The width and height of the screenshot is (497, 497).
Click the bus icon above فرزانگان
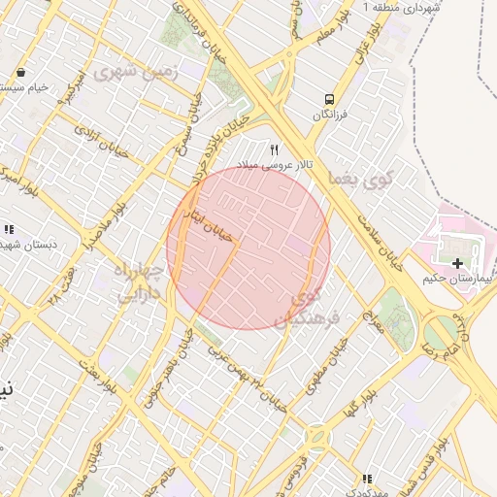(x=329, y=98)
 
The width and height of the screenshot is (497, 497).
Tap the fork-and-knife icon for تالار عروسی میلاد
(x=275, y=150)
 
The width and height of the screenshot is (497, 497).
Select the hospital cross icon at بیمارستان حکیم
(x=457, y=263)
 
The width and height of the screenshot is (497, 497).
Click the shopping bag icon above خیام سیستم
(x=20, y=73)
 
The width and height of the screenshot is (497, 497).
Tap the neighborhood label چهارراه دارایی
(x=137, y=282)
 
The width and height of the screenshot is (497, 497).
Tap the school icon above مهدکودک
(x=366, y=479)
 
